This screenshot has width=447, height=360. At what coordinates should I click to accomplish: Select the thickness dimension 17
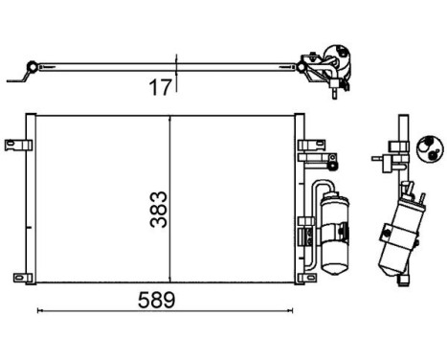point(160,88)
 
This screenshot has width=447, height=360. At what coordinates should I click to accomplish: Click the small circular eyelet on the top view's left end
point(32,67)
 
